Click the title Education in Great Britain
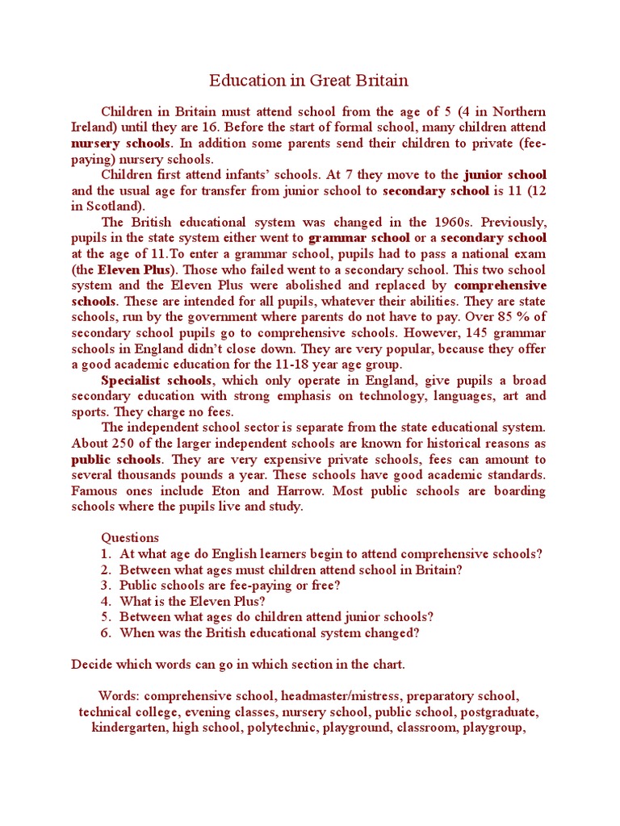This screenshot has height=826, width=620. (x=309, y=81)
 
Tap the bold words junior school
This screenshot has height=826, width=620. (x=505, y=174)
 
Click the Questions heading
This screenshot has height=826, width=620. (x=130, y=538)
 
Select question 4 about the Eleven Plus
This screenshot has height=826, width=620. (x=192, y=601)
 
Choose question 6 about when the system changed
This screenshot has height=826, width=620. (x=270, y=633)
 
